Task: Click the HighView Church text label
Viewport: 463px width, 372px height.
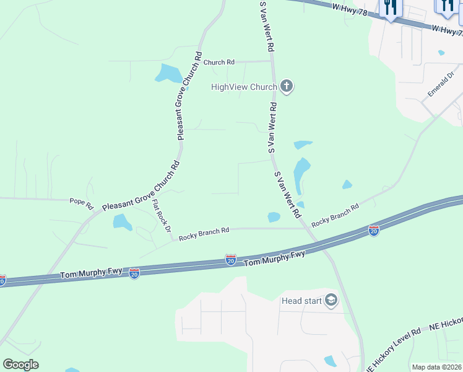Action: coord(244,87)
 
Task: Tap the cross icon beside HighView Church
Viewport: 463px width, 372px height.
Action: coord(286,86)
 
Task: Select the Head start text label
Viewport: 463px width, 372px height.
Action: coord(301,301)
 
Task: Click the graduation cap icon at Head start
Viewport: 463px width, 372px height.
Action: coord(331,301)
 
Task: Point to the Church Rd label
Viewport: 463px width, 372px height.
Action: coord(219,62)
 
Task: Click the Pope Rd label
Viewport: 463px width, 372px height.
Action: coord(81,201)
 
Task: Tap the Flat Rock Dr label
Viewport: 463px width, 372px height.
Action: coord(161,216)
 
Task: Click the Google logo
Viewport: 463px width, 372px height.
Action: coord(20,365)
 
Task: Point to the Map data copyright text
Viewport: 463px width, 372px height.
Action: coord(437,367)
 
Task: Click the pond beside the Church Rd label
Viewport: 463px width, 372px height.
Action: coord(169,73)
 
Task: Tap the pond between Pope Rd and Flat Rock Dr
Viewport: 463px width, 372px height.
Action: coord(123,222)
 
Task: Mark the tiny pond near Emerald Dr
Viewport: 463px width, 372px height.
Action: coord(441,53)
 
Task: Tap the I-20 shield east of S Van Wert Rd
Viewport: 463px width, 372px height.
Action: coord(373,231)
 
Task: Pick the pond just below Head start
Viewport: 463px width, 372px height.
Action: coord(331,361)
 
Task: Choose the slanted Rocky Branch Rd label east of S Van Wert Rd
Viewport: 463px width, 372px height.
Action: coord(335,215)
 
